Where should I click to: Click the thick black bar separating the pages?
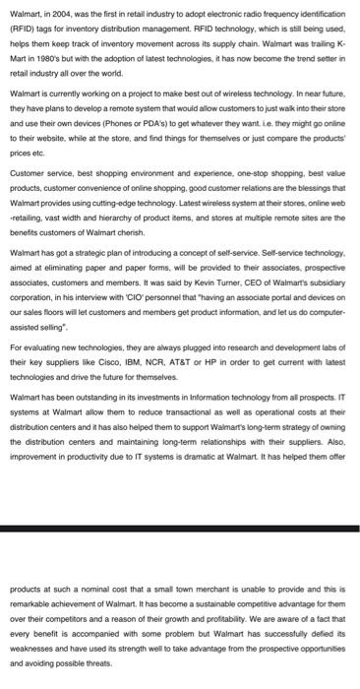(x=180, y=529)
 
